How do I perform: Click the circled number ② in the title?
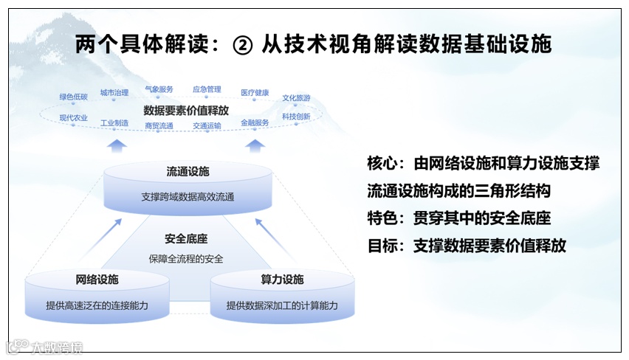coord(243,44)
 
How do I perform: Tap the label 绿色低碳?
coord(74,97)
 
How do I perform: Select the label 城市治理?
coord(114,93)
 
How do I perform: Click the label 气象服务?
coord(159,89)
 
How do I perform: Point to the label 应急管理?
coord(207,89)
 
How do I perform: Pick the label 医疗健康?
coord(255,93)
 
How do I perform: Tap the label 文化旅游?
coord(296,97)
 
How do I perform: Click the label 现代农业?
coord(74,118)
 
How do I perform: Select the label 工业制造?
coord(114,122)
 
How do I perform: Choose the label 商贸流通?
coord(159,126)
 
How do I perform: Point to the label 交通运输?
coord(207,126)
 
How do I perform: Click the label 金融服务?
coord(255,122)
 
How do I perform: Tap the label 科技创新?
coord(296,117)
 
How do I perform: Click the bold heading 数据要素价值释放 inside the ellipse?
coord(186,109)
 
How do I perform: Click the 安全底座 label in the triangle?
coord(186,239)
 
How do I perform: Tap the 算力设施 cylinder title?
coord(282,280)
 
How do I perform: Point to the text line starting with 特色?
coord(458,218)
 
